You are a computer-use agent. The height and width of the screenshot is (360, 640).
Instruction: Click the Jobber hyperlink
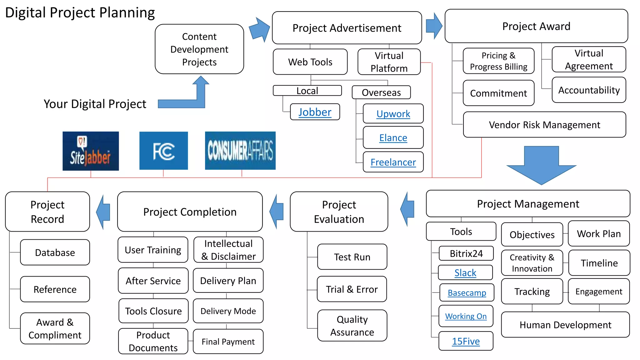click(315, 112)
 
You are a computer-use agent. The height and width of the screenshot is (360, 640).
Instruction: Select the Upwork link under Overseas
click(393, 114)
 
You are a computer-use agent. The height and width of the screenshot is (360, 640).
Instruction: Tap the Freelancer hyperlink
click(393, 162)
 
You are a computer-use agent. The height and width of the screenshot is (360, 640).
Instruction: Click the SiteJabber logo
click(91, 151)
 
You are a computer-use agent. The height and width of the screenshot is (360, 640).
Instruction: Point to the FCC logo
click(163, 151)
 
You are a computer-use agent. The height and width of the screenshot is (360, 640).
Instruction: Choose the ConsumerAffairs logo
click(240, 151)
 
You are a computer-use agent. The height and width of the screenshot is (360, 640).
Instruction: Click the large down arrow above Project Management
click(541, 166)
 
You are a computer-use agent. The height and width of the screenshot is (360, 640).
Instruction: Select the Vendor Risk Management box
click(544, 125)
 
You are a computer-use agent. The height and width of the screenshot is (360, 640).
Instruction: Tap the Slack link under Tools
click(465, 273)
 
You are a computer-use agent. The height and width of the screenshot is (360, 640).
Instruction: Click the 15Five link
click(466, 341)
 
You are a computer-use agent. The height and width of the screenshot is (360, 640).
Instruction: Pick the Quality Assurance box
click(352, 326)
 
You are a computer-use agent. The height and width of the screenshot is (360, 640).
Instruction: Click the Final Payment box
click(228, 342)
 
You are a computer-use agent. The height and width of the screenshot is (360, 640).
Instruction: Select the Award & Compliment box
click(55, 328)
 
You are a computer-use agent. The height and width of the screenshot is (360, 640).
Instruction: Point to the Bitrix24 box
click(466, 253)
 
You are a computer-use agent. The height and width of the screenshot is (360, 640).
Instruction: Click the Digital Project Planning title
click(80, 13)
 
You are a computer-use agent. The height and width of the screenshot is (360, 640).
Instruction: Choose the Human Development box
click(565, 325)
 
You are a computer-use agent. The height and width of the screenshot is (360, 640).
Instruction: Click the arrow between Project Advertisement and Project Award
click(434, 26)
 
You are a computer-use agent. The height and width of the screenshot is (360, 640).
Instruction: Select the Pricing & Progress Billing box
click(498, 61)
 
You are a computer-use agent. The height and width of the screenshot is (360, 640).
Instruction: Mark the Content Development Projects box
click(199, 49)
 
